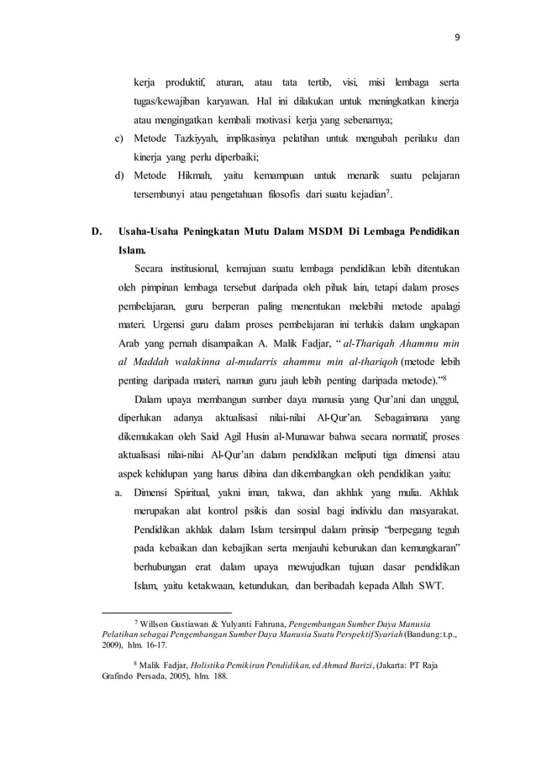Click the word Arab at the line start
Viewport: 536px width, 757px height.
(x=130, y=345)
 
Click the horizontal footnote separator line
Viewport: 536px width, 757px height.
(x=166, y=613)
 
